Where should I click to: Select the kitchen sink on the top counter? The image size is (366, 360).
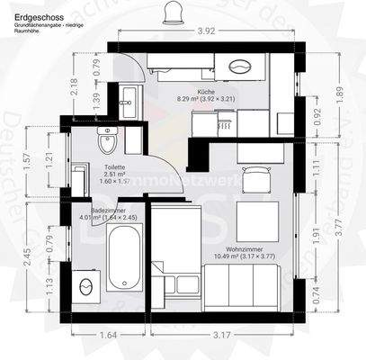point(241,67)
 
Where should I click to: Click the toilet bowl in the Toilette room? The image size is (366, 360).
point(108,141)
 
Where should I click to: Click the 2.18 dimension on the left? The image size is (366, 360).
point(75,86)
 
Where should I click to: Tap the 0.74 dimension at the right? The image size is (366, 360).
point(314,292)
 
